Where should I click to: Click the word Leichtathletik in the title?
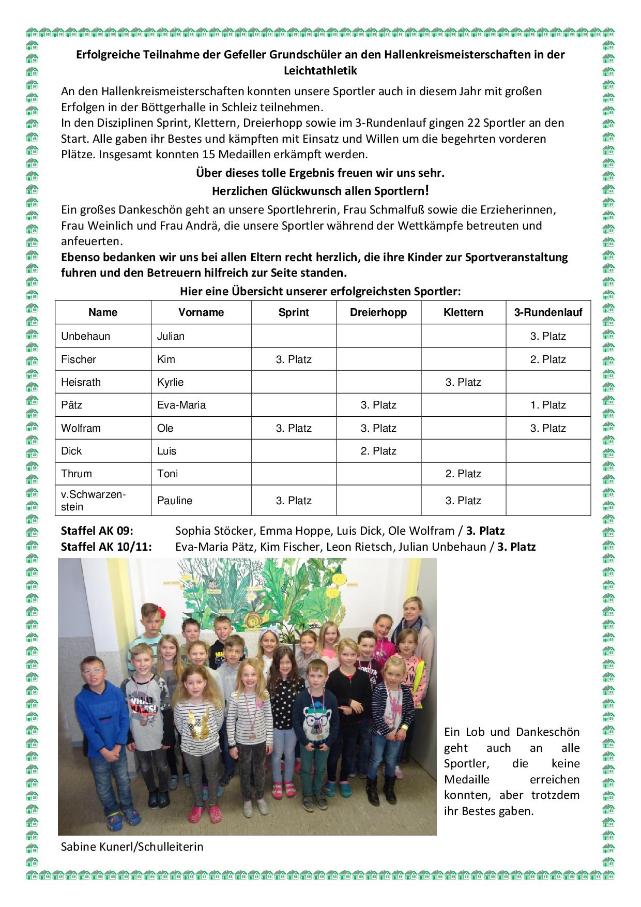[x=320, y=71]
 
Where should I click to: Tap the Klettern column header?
[x=463, y=312]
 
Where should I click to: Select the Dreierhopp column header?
[x=378, y=312]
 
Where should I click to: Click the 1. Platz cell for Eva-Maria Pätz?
[x=548, y=405]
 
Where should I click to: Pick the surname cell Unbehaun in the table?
[x=86, y=336]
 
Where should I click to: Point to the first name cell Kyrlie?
[x=170, y=382]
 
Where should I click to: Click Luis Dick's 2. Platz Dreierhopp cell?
[x=378, y=451]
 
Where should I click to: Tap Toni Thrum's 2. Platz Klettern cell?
[x=463, y=474]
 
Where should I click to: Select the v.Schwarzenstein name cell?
[x=93, y=500]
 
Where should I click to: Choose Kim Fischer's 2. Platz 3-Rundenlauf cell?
[x=548, y=359]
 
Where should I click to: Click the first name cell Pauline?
[x=175, y=501]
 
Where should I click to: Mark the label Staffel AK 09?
[x=97, y=531]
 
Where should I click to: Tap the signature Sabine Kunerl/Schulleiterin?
[x=132, y=846]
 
